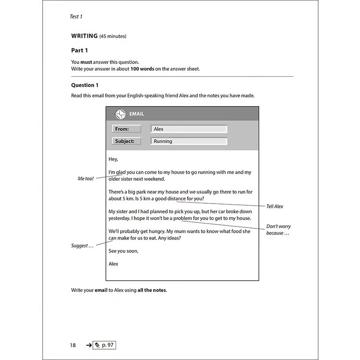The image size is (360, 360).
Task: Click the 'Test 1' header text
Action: pos(76,16)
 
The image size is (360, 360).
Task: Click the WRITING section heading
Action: pos(84,36)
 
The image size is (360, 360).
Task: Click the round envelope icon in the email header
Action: pos(120,114)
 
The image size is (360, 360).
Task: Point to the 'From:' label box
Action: pos(127,129)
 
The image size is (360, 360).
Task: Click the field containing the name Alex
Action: pos(188,129)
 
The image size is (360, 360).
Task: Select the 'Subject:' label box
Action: pos(127,141)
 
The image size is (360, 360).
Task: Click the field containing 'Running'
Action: pos(188,141)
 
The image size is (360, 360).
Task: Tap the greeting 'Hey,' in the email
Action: pos(113,159)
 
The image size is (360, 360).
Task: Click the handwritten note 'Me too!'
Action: pos(86,179)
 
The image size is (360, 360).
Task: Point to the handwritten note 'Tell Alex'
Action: pos(275,206)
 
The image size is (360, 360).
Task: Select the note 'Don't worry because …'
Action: pos(278,229)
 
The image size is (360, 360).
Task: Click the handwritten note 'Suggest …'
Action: pos(82,246)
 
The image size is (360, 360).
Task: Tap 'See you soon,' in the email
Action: pos(123,251)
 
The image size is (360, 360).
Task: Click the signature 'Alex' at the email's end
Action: pos(113,264)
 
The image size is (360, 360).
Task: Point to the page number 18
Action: pos(72,345)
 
